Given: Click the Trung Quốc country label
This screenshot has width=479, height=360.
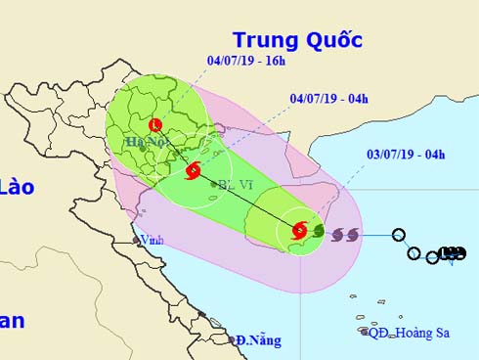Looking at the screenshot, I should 297,40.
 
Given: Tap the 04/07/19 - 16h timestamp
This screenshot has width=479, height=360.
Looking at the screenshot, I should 246,61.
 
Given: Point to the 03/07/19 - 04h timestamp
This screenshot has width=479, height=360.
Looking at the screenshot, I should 405,154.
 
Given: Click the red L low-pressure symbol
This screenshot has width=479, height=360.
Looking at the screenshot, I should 155,125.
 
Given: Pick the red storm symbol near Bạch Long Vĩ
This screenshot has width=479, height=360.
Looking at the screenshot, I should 193,171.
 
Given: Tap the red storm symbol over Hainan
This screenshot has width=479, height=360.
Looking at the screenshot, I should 299,231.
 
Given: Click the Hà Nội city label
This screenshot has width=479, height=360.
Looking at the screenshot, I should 144,143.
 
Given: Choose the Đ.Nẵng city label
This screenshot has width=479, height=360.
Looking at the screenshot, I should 258,340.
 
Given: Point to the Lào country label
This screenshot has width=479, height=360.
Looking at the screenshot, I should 18,187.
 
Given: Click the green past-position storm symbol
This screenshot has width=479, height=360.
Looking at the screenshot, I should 318,233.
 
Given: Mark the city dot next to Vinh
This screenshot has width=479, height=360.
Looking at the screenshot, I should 136,239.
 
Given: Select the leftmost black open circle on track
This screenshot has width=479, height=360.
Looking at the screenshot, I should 398,235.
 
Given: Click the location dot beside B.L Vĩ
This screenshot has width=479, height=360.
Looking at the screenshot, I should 214,184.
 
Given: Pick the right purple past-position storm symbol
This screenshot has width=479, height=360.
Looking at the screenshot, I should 352,235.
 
